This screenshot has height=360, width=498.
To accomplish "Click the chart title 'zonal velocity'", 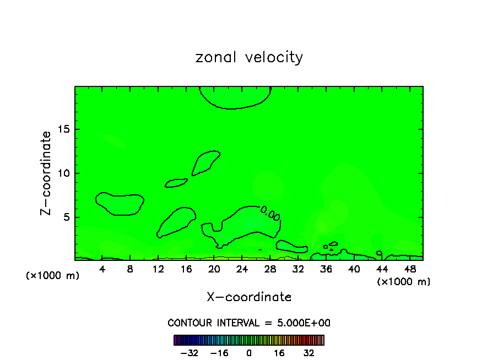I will pyautogui.click(x=249, y=57).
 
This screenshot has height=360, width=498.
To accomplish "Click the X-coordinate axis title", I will pyautogui.click(x=249, y=297).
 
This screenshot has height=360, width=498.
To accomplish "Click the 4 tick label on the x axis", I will pyautogui.click(x=102, y=269).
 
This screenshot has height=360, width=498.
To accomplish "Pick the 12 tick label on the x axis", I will pyautogui.click(x=158, y=269).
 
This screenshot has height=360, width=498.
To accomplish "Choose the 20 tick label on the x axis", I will pyautogui.click(x=214, y=269).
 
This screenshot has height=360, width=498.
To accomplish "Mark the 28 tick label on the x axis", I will pyautogui.click(x=270, y=269).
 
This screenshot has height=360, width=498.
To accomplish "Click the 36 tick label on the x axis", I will pyautogui.click(x=326, y=269).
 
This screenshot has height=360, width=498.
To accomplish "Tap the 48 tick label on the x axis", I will pyautogui.click(x=409, y=269).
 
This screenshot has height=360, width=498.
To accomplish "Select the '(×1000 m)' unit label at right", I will pyautogui.click(x=404, y=282).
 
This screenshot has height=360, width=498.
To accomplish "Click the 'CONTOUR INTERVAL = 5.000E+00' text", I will pyautogui.click(x=249, y=323).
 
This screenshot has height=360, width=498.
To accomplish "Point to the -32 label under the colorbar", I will pyautogui.click(x=190, y=352).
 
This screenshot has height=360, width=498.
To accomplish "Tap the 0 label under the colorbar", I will pyautogui.click(x=249, y=352).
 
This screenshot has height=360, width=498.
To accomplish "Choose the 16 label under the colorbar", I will pyautogui.click(x=279, y=352).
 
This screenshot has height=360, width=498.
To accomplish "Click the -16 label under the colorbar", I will pyautogui.click(x=219, y=352).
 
